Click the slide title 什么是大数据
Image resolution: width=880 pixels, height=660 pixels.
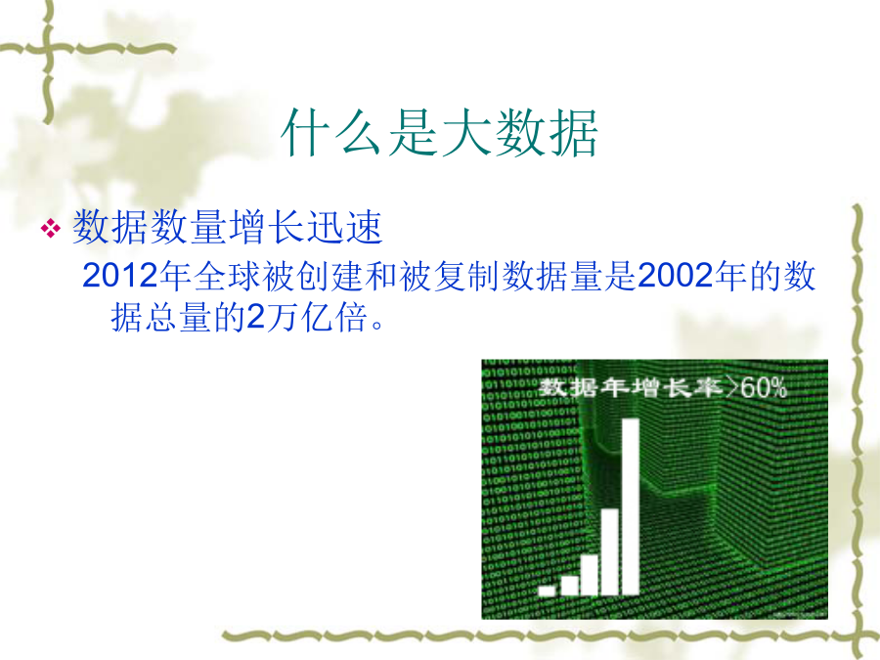pyautogui.click(x=439, y=134)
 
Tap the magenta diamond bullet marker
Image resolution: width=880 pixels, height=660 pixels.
pyautogui.click(x=51, y=229)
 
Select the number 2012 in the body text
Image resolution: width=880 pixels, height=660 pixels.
pyautogui.click(x=119, y=276)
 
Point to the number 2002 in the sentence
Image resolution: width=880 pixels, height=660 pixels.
pyautogui.click(x=674, y=276)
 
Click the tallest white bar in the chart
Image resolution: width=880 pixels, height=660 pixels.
pyautogui.click(x=631, y=506)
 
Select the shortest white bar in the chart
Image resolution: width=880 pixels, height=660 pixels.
pyautogui.click(x=547, y=591)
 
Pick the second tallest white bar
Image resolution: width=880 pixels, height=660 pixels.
pyautogui.click(x=609, y=551)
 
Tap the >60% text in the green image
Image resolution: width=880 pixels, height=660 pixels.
pyautogui.click(x=756, y=387)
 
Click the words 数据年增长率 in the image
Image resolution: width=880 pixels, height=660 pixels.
pyautogui.click(x=631, y=387)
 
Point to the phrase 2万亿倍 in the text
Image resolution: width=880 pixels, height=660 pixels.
pyautogui.click(x=307, y=318)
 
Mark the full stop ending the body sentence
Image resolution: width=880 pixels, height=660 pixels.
pyautogui.click(x=377, y=325)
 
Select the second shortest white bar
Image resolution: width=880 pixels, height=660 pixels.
pyautogui.click(x=569, y=586)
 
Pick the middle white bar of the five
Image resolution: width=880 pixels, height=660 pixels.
pyautogui.click(x=589, y=574)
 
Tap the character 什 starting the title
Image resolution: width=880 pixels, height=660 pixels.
pyautogui.click(x=306, y=134)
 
